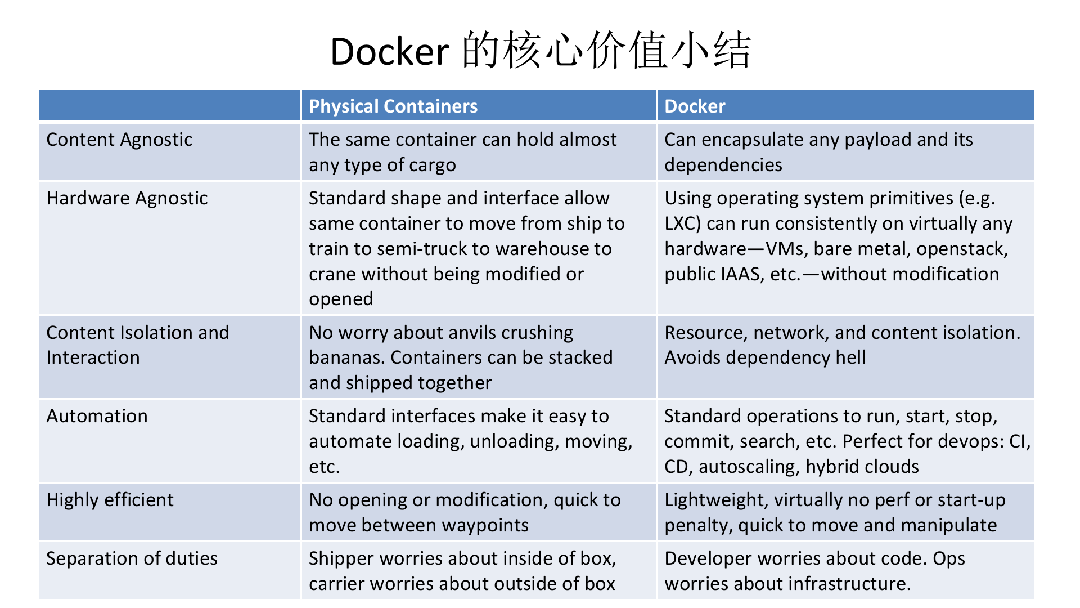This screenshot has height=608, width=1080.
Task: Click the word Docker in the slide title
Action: (x=389, y=52)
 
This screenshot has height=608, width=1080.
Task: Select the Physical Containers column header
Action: (x=393, y=106)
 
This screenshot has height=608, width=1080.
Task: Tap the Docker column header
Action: (x=695, y=106)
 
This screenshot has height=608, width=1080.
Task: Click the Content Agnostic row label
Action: (x=119, y=140)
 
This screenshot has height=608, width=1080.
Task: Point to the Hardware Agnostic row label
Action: (x=127, y=198)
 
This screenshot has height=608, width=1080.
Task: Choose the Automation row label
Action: (x=97, y=416)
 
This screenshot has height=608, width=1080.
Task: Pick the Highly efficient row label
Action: (x=110, y=500)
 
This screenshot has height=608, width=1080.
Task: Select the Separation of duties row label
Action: (x=132, y=558)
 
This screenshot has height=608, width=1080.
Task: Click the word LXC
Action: (x=680, y=223)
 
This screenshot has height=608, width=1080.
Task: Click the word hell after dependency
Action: (x=850, y=357)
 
